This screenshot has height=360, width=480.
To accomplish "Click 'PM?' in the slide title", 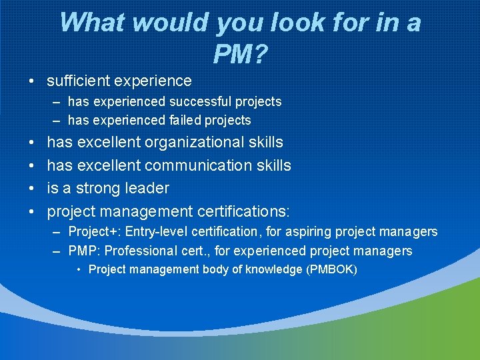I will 239,51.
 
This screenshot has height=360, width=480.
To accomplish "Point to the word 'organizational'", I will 192,143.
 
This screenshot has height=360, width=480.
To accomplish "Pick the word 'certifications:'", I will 243,212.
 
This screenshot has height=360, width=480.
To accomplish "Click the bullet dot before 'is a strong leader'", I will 32,189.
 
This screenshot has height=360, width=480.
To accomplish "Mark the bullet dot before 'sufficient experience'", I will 32,82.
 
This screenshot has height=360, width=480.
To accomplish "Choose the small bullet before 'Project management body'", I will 79,270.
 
